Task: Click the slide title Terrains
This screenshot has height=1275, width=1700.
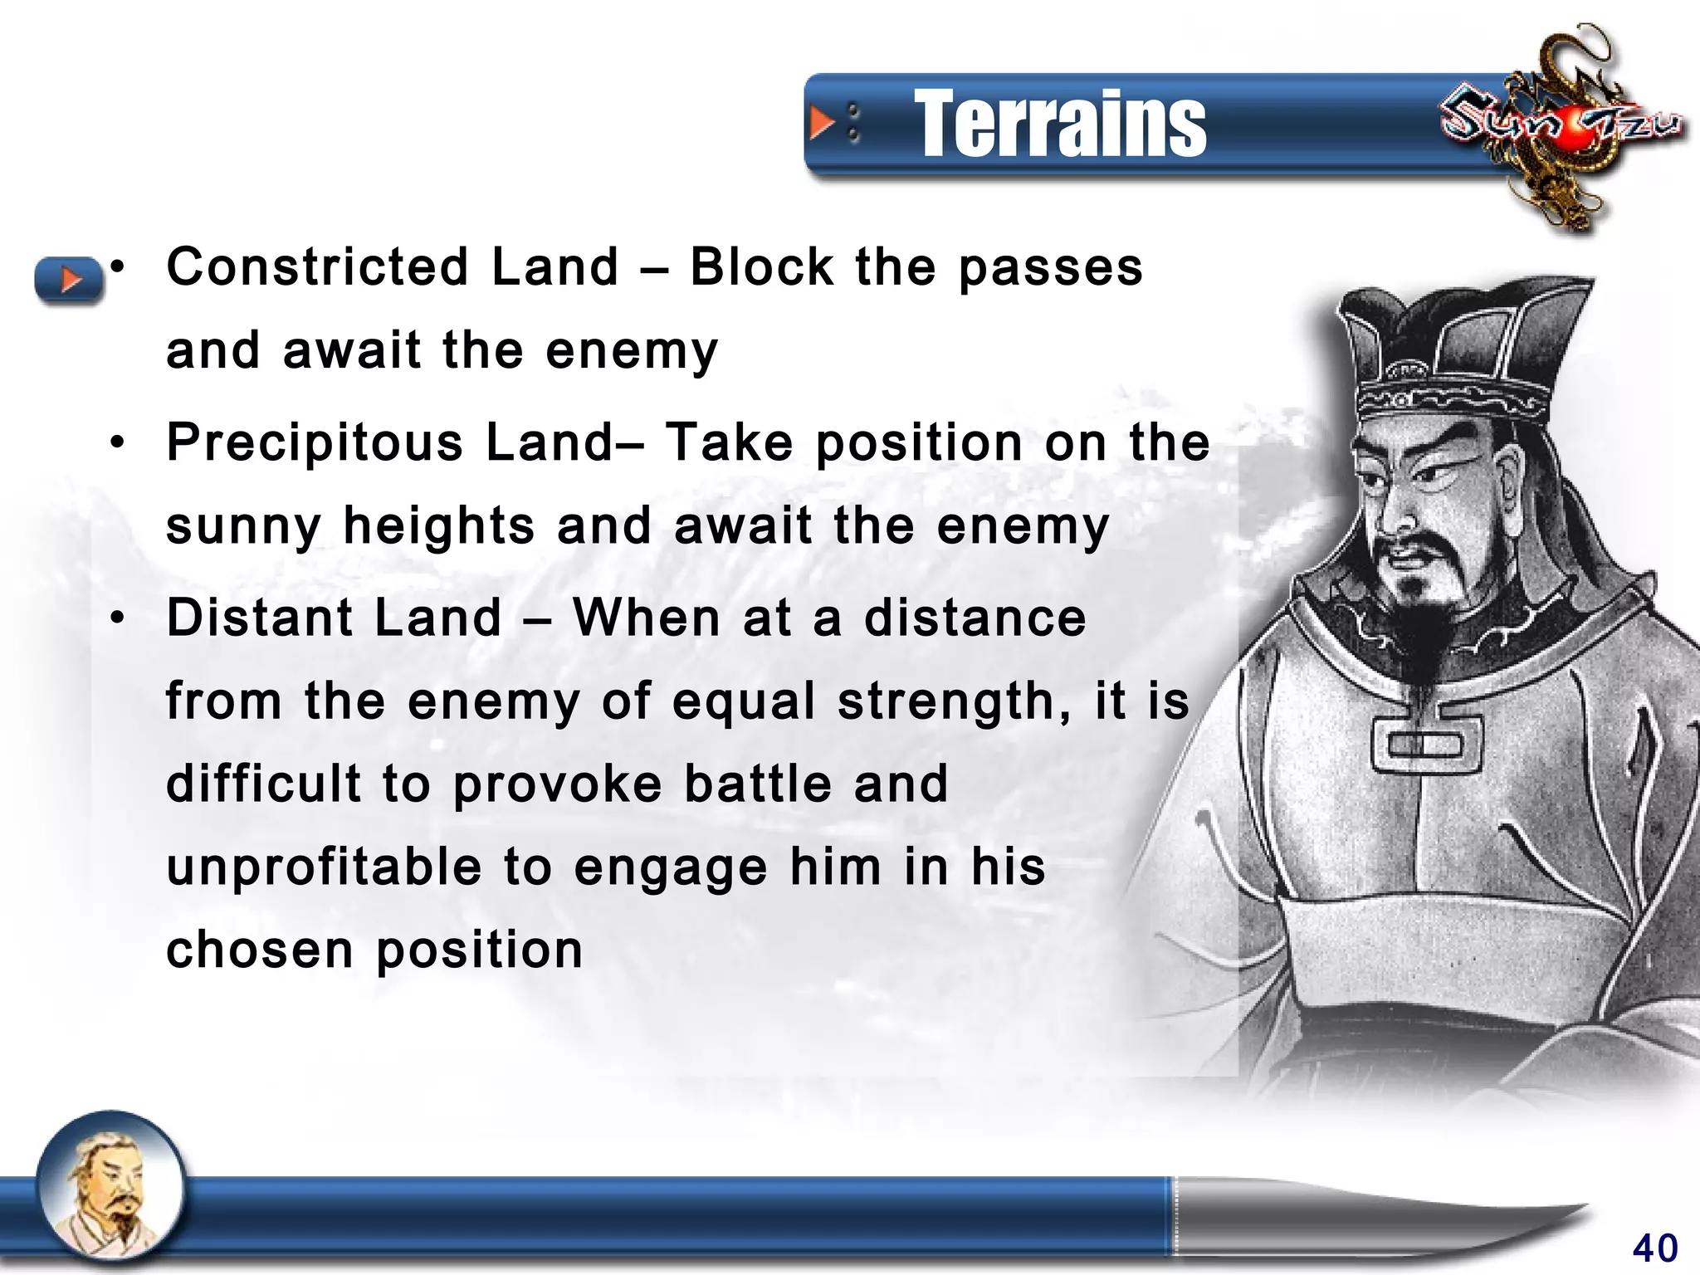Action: (1060, 125)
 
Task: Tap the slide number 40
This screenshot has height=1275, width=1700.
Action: (1654, 1248)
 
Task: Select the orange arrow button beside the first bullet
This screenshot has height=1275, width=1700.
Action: (69, 279)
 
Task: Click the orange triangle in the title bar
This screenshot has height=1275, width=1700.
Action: (821, 123)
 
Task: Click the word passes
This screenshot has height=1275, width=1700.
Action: (1050, 269)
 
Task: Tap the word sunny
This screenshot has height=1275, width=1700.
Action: (243, 527)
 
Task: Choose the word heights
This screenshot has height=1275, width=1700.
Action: (439, 525)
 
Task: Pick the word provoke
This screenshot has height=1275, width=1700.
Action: (557, 784)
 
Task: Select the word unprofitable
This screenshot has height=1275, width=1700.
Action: (324, 867)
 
